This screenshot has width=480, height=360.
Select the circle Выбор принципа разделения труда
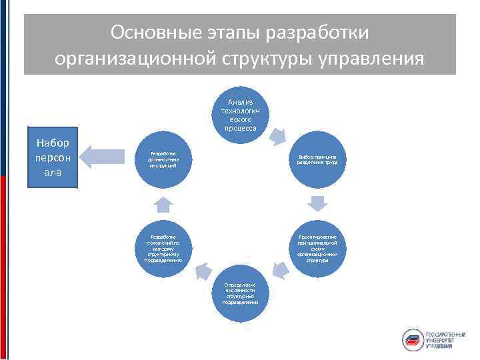tap(317, 158)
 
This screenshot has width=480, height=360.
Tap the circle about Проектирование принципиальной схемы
tap(317, 248)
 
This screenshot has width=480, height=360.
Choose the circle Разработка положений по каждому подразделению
tap(164, 248)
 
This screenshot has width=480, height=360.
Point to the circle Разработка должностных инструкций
tap(164, 158)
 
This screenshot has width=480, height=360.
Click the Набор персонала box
tap(53, 158)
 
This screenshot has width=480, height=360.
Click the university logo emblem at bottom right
tap(413, 339)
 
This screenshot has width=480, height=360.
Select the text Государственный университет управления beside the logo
tap(447, 339)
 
